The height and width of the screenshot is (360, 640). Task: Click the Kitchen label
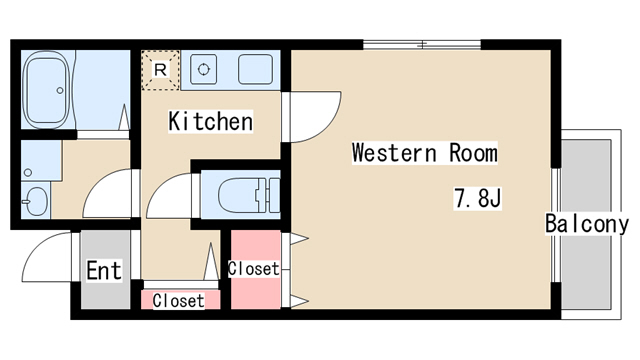point(211,121)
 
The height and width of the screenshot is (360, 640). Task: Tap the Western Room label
point(425,153)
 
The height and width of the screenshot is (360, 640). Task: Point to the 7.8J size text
point(478,199)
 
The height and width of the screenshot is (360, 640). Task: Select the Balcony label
point(587,224)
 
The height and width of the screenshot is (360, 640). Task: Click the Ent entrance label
point(104,270)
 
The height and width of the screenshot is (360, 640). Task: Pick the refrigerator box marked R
point(160,70)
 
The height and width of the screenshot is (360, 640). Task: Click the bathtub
point(46,90)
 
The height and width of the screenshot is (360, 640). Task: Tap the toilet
point(249,196)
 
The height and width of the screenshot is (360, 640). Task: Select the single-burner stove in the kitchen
point(203,69)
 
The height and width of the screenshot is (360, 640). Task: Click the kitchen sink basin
point(256,69)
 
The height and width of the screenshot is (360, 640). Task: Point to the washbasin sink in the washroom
point(35,201)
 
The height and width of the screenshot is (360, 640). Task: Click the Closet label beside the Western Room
point(254,269)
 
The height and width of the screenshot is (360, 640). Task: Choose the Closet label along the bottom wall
point(178,301)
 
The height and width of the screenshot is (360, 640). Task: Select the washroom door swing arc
point(94,184)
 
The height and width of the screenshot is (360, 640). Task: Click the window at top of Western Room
point(422,44)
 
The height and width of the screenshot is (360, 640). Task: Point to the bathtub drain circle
point(60,90)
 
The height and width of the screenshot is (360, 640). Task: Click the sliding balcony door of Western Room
point(556,225)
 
